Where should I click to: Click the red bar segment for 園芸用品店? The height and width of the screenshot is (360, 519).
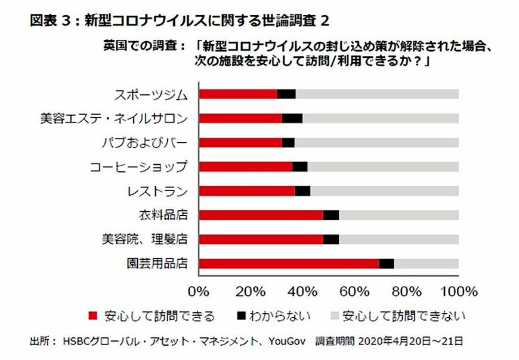pyautogui.click(x=289, y=263)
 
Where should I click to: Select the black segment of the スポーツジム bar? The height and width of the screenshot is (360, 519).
pyautogui.click(x=286, y=94)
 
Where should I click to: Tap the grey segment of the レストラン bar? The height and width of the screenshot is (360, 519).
pyautogui.click(x=384, y=191)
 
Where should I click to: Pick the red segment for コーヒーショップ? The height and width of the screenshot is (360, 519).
pyautogui.click(x=245, y=167)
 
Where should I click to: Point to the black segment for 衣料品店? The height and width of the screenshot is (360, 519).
pyautogui.click(x=331, y=215)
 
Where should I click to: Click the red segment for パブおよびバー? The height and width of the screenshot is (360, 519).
pyautogui.click(x=240, y=142)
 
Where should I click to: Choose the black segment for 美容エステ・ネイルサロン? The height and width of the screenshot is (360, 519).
pyautogui.click(x=292, y=118)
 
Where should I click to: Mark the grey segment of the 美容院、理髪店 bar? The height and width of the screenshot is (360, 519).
pyautogui.click(x=398, y=239)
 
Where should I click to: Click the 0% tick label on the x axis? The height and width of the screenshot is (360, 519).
pyautogui.click(x=199, y=291)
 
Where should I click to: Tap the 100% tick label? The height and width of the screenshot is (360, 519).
pyautogui.click(x=458, y=291)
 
